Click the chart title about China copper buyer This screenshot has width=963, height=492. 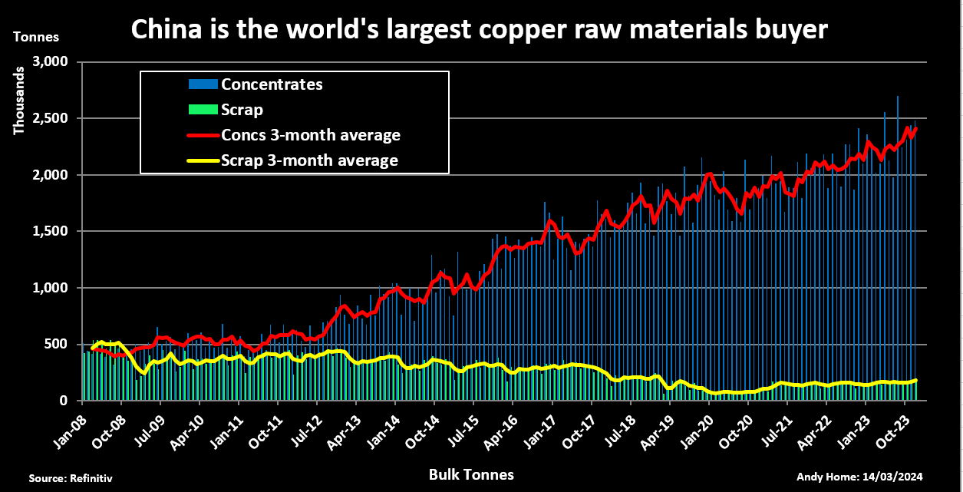pyautogui.click(x=480, y=29)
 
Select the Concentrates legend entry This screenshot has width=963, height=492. pyautogui.click(x=271, y=84)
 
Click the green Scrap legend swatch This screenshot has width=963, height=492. pyautogui.click(x=203, y=110)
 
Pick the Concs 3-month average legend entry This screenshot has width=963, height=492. pyautogui.click(x=310, y=135)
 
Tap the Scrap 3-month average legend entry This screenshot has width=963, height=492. pyautogui.click(x=308, y=160)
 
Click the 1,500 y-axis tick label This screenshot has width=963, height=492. pyautogui.click(x=51, y=231)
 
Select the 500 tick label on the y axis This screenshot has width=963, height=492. pyautogui.click(x=57, y=344)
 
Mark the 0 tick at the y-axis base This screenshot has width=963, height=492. pyautogui.click(x=65, y=401)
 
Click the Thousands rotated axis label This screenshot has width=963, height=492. pyautogui.click(x=19, y=99)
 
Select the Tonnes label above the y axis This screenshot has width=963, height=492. pyautogui.click(x=35, y=36)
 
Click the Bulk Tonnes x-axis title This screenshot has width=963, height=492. pyautogui.click(x=472, y=475)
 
